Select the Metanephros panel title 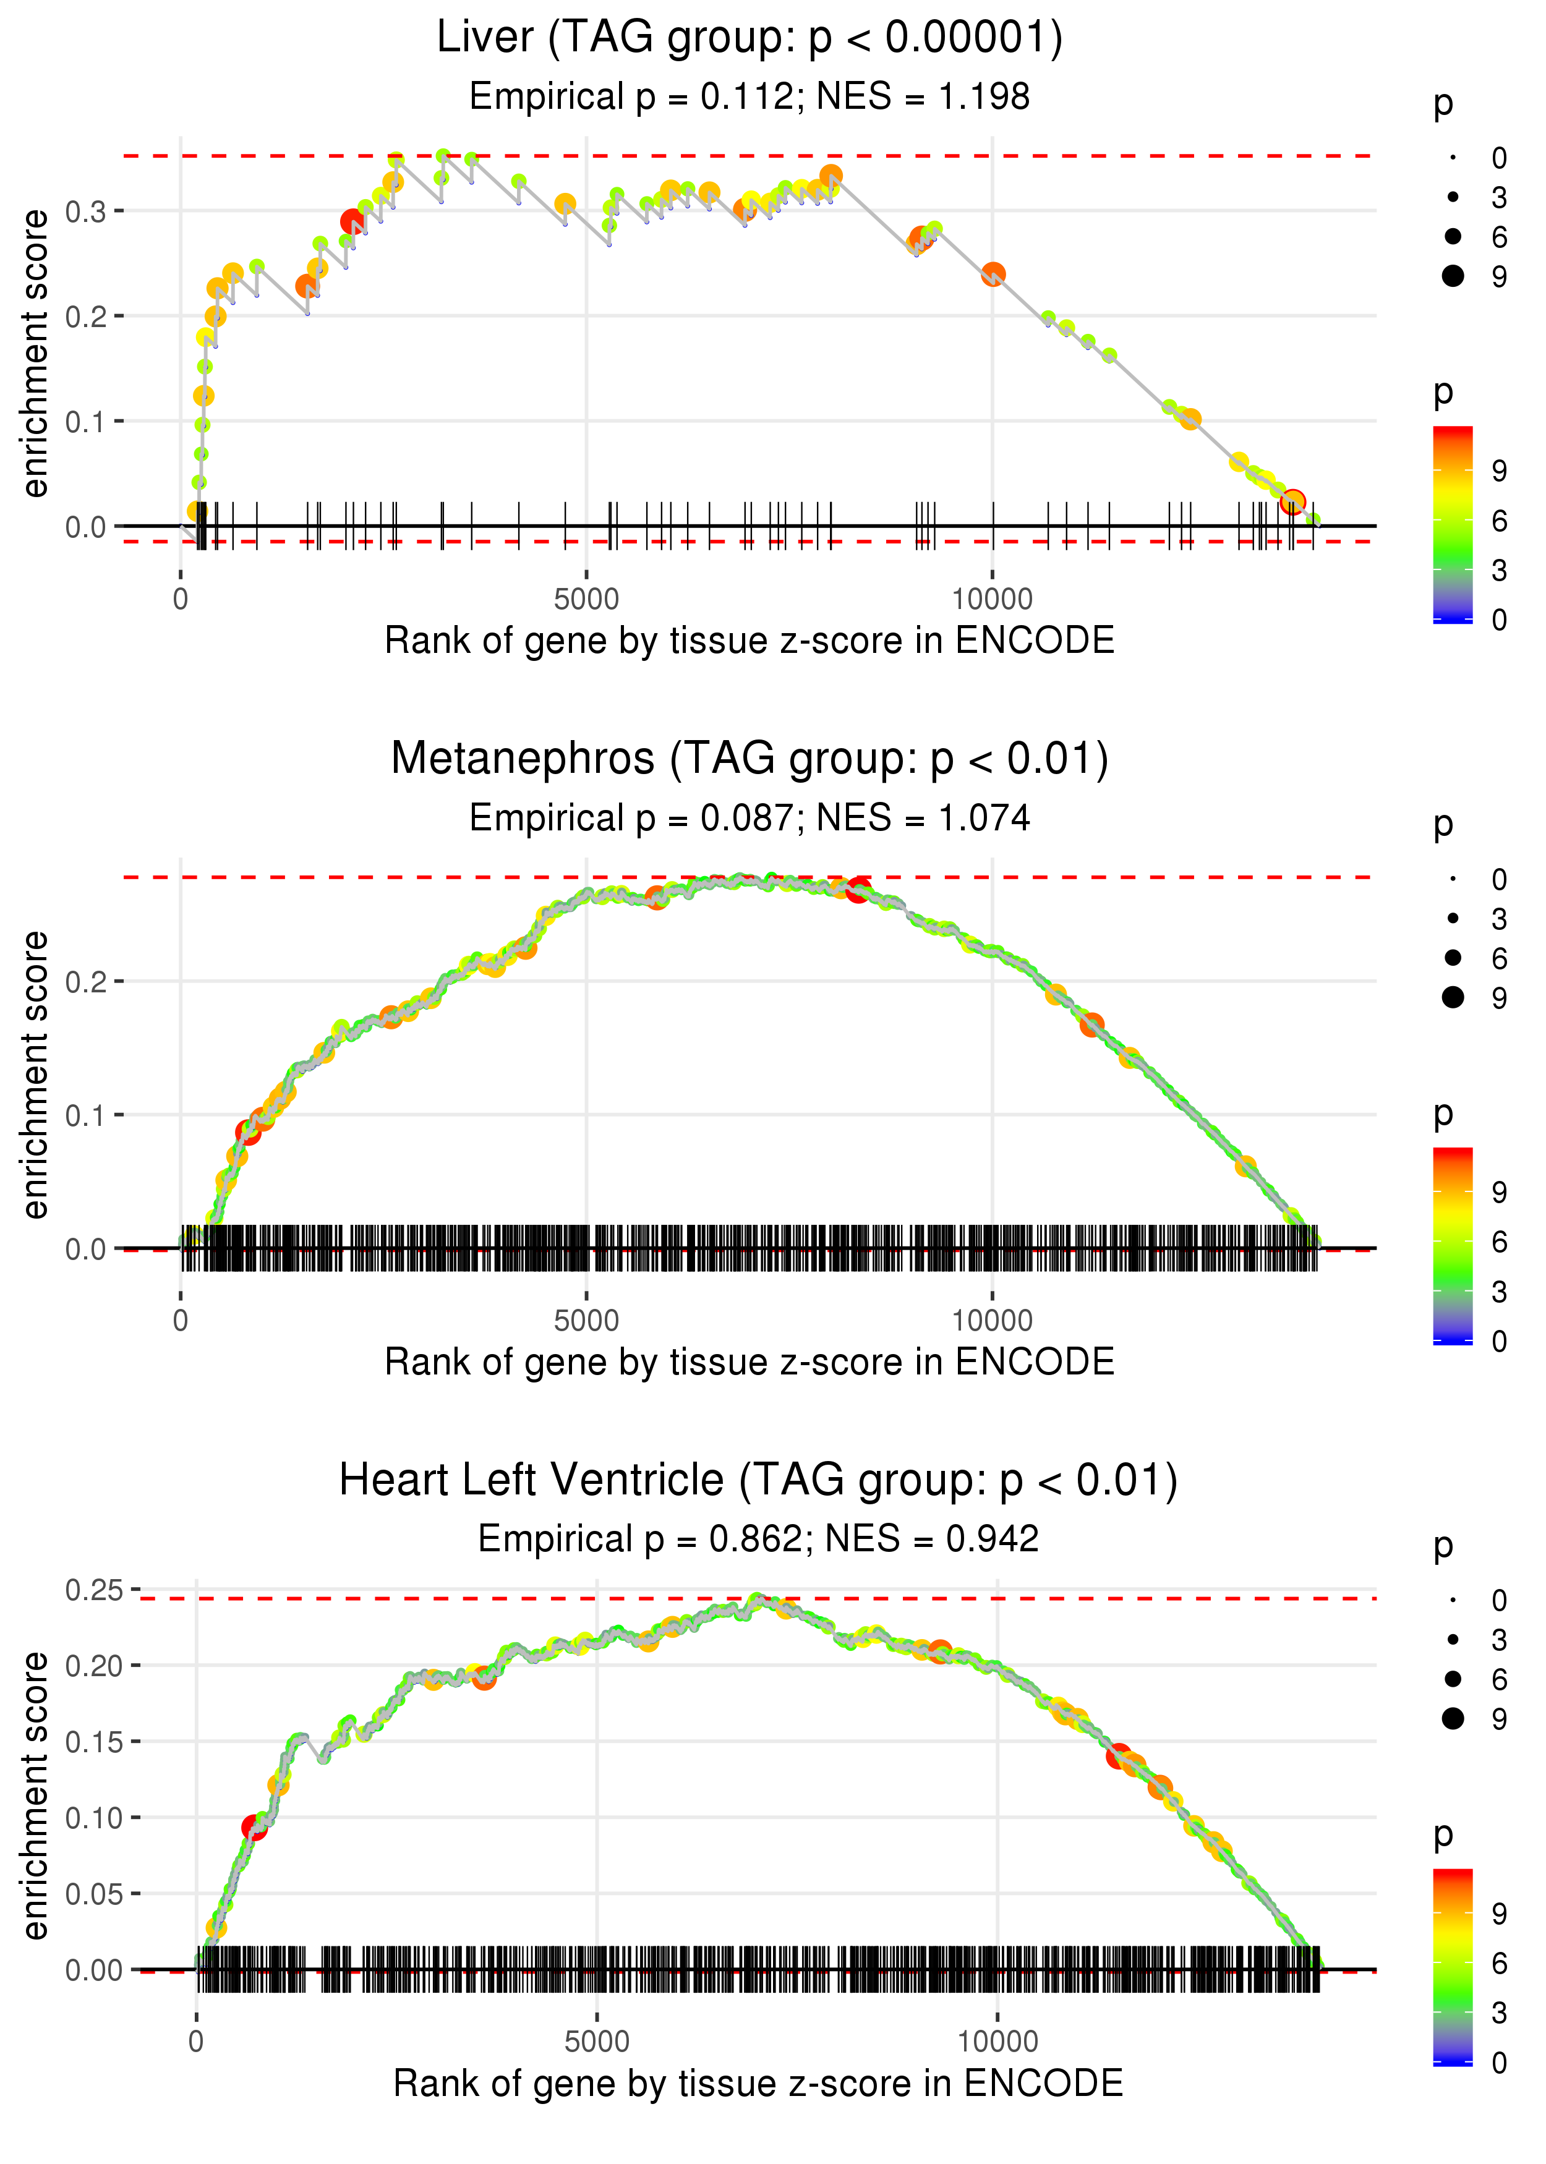pos(750,759)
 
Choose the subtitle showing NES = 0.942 pos(758,1539)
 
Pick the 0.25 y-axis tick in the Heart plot pos(94,1590)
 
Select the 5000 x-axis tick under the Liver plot pos(586,600)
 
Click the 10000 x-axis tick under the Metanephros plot pos(992,1321)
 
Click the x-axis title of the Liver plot pos(750,641)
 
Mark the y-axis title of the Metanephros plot pos(35,1075)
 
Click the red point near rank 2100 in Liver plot pos(352,222)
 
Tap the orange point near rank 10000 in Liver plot pos(993,274)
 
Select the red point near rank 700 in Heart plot pos(253,1827)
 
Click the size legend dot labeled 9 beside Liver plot pos(1453,276)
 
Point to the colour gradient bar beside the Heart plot pos(1453,1965)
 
